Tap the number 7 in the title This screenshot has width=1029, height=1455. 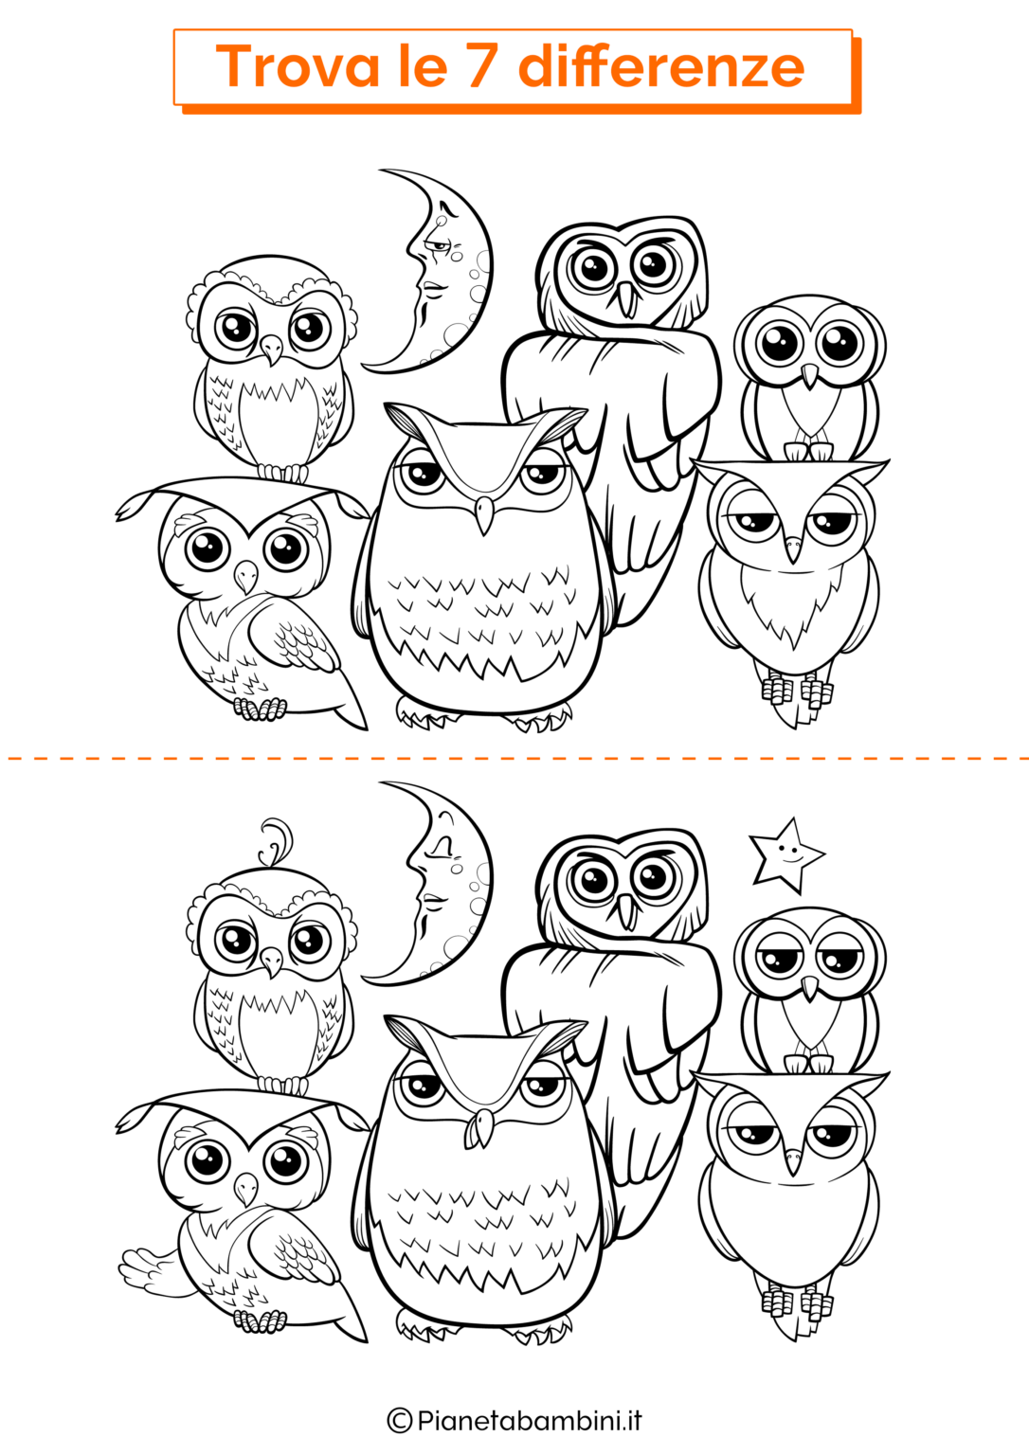tap(480, 66)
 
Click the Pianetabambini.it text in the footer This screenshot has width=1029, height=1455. tap(530, 1420)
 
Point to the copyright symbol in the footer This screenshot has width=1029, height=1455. tap(400, 1421)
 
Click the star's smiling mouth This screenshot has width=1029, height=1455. tap(790, 859)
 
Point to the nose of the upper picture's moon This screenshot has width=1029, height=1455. tap(412, 249)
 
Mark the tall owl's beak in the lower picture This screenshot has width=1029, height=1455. tap(627, 911)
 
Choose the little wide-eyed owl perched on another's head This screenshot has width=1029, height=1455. tap(810, 378)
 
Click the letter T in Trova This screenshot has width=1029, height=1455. tap(234, 66)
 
